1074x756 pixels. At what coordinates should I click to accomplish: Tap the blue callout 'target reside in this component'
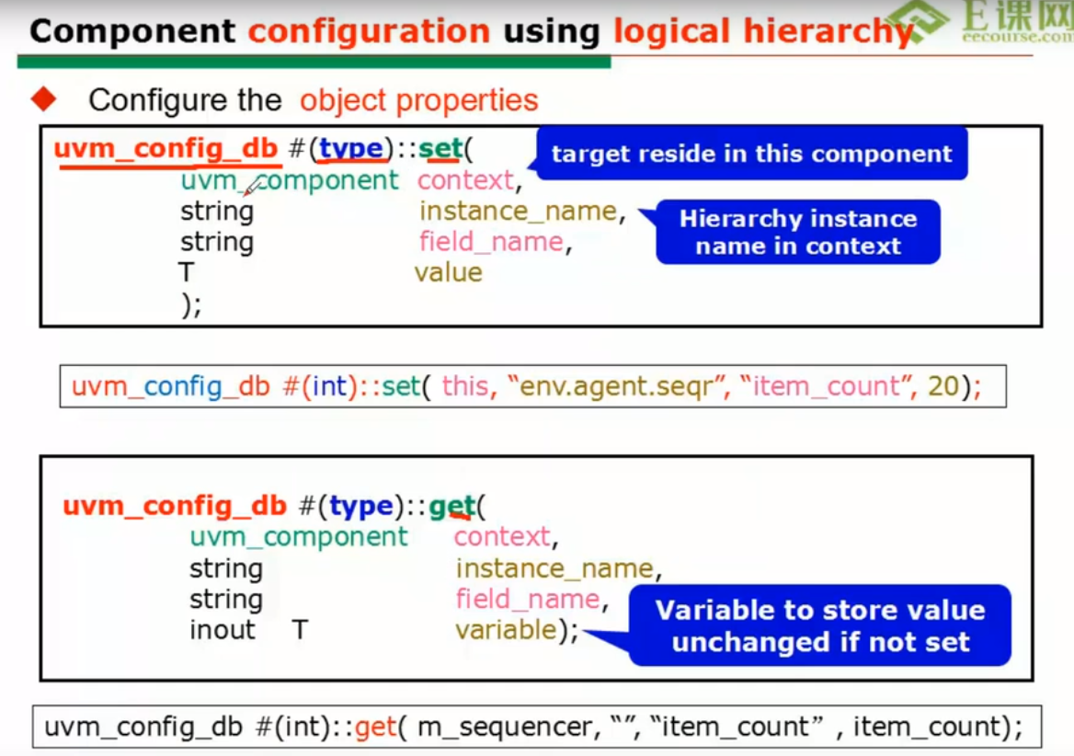[751, 154]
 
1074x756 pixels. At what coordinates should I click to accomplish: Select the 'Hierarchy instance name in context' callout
[797, 232]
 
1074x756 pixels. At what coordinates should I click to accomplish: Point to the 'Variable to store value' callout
[819, 625]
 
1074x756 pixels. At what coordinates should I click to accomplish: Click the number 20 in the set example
[943, 386]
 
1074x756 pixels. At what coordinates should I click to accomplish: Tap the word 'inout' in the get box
[222, 630]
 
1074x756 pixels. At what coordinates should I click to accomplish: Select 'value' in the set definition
[448, 272]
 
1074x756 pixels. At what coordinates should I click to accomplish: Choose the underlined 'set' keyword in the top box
[440, 149]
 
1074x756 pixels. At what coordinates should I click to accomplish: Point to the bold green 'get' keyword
[451, 506]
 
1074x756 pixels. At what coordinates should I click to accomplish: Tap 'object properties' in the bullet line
[418, 99]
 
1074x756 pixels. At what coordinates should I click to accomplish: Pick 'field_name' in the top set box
[490, 242]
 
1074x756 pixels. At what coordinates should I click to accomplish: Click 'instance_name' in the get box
[554, 568]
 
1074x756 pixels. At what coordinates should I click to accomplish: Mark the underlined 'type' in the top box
[350, 149]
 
